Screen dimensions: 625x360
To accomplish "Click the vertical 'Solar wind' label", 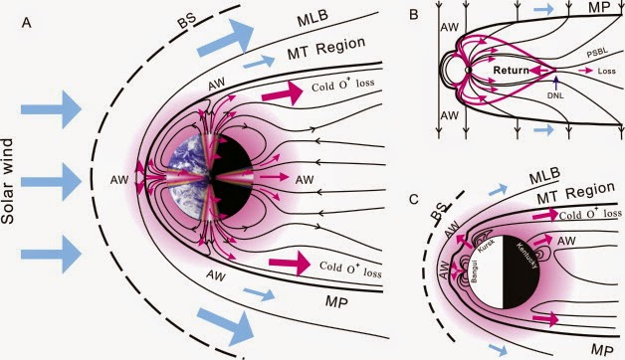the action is (x=8, y=181).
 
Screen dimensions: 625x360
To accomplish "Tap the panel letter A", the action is (x=26, y=23).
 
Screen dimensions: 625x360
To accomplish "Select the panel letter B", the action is (x=414, y=15).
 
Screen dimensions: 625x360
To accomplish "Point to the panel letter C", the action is (x=415, y=199).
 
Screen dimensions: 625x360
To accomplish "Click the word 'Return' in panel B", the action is (x=511, y=71).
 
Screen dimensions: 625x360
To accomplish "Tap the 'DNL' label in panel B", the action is (x=555, y=96).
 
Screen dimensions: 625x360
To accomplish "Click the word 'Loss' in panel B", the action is (x=607, y=71).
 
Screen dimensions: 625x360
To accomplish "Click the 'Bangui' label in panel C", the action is (x=476, y=271).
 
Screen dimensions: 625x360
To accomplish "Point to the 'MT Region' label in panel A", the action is (x=326, y=49).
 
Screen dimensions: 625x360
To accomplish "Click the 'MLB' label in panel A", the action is (x=312, y=18).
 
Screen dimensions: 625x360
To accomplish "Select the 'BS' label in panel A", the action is (x=187, y=21).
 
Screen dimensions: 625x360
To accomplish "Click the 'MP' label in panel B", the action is (x=599, y=7).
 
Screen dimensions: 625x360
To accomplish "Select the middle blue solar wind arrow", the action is (x=51, y=182).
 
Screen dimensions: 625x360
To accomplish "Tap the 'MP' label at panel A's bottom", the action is (x=336, y=302).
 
